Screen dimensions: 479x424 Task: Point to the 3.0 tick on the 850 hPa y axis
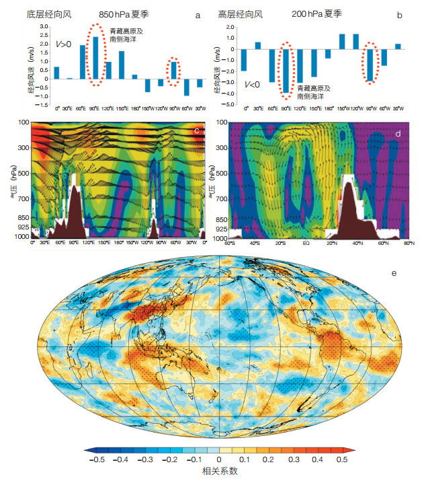tap(44, 26)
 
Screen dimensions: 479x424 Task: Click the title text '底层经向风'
tap(50, 13)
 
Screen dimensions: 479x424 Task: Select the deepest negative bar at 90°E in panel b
tap(286, 70)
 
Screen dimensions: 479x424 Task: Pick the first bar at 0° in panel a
tap(57, 73)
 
